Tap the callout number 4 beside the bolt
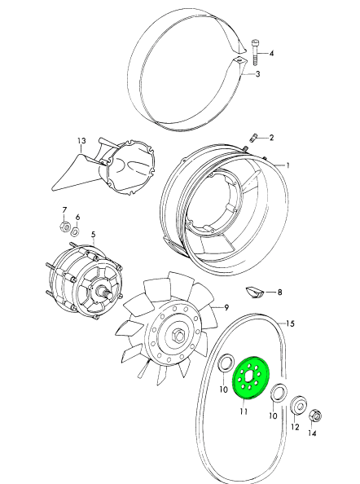[271, 54]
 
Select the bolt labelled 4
[256, 52]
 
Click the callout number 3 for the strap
[257, 74]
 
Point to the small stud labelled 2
[252, 138]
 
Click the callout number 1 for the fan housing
[288, 165]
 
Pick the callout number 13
[81, 141]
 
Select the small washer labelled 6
[76, 231]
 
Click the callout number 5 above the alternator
[93, 235]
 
